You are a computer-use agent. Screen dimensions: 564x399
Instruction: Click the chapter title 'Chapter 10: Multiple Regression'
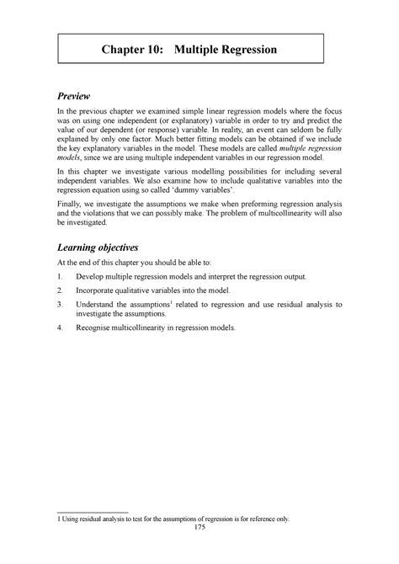click(x=199, y=50)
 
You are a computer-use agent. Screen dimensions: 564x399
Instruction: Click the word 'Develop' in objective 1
click(x=93, y=276)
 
